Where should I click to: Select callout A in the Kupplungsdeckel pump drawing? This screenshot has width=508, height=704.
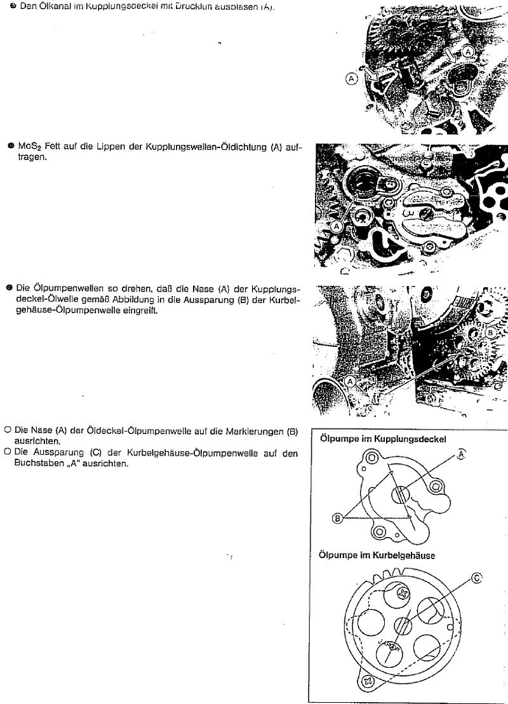(x=462, y=454)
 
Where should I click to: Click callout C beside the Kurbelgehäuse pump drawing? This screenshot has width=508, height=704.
(x=477, y=578)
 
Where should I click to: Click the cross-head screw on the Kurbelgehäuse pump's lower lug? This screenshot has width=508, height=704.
(x=368, y=680)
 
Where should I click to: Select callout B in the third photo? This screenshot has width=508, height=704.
(x=490, y=332)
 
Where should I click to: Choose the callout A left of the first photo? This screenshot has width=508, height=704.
(x=351, y=78)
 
